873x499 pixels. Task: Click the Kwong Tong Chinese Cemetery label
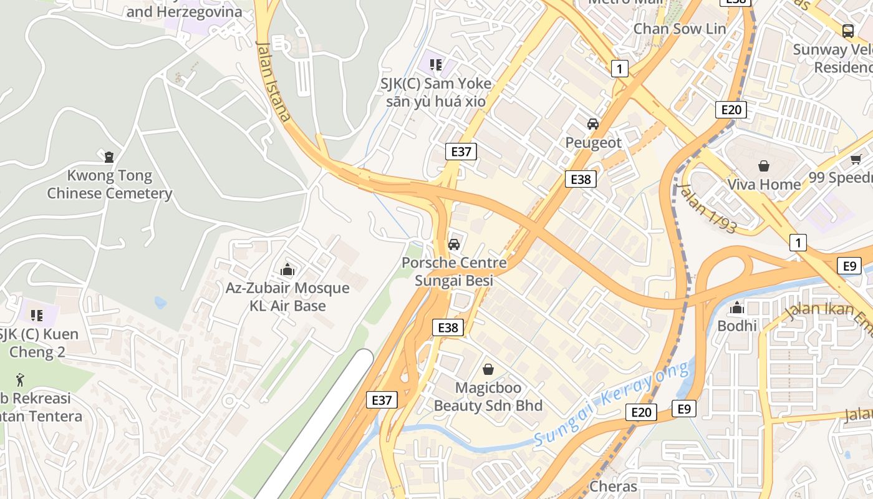click(110, 185)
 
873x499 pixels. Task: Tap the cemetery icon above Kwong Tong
click(110, 157)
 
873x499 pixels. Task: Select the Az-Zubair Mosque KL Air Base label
click(287, 297)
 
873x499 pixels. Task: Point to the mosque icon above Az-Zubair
click(287, 269)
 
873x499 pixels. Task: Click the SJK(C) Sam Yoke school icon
click(436, 64)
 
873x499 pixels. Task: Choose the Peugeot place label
click(593, 143)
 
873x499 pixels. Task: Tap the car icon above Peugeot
click(593, 124)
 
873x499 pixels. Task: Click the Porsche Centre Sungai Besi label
click(454, 272)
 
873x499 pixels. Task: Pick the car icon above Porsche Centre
click(454, 244)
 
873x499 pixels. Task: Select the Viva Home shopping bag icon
click(764, 166)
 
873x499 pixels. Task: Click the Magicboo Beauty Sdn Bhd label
click(488, 397)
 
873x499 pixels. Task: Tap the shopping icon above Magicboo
click(488, 369)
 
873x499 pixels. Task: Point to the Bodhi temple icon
click(737, 308)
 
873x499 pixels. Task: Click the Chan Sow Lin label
click(680, 29)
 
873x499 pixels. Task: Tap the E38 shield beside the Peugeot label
click(581, 180)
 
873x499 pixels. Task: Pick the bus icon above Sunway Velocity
click(847, 31)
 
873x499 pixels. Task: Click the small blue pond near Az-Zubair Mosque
click(161, 303)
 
